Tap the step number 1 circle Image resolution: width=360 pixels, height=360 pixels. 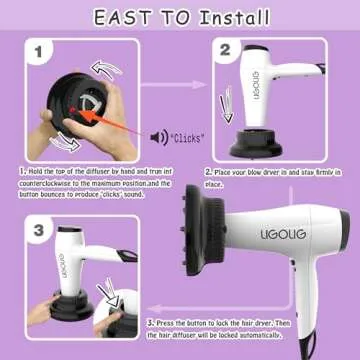[35, 51]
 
